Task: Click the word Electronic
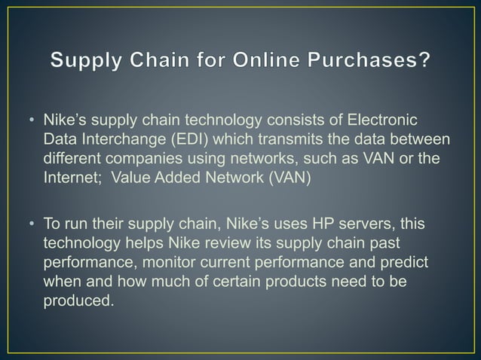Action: [x=383, y=121]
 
